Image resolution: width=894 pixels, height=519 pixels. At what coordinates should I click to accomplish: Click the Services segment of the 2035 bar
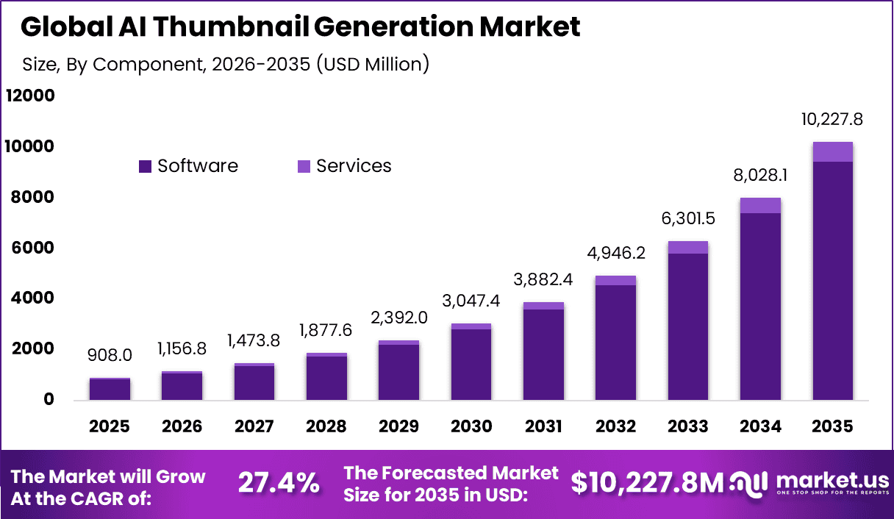(x=832, y=151)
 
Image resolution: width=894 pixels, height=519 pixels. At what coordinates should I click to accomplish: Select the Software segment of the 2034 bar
(x=760, y=306)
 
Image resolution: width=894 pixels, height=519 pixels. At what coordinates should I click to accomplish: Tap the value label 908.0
(x=110, y=356)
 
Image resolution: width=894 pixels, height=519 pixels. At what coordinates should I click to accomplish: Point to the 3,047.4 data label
(x=471, y=302)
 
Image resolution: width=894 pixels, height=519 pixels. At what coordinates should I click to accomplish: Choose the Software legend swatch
(x=145, y=167)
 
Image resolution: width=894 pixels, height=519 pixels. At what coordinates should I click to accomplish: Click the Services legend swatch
(x=304, y=167)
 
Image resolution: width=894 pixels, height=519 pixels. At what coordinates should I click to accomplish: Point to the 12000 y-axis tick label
(x=31, y=96)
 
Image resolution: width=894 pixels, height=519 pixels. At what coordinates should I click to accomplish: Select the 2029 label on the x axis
(x=398, y=427)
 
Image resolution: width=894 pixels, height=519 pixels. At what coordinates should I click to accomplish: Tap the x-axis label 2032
(x=615, y=427)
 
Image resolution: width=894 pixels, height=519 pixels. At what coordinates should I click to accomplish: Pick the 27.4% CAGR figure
(x=279, y=484)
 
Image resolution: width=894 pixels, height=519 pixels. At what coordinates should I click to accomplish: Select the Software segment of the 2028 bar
(x=326, y=378)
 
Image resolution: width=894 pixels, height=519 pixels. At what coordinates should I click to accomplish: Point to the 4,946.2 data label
(x=615, y=254)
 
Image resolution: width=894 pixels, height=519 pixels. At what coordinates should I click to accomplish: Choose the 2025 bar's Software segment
(x=110, y=390)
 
